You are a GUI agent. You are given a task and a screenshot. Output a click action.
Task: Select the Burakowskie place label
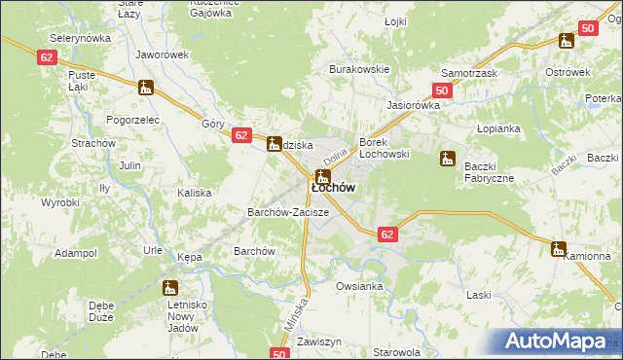point(359,69)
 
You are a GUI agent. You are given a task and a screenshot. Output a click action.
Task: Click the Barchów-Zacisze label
point(288,211)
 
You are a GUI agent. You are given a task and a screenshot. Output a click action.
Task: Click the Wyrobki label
point(59,202)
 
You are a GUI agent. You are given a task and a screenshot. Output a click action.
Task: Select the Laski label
point(478,294)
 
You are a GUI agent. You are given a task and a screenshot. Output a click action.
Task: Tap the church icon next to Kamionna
point(558,249)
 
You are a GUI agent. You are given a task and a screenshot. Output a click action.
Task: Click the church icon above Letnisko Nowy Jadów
point(170,288)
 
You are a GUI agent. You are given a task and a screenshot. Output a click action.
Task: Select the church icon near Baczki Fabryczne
point(448,158)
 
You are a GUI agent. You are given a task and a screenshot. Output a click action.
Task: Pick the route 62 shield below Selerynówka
point(48,57)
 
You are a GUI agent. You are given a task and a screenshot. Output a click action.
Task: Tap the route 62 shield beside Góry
point(242,136)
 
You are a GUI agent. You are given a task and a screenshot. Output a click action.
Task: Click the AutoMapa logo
point(556,342)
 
